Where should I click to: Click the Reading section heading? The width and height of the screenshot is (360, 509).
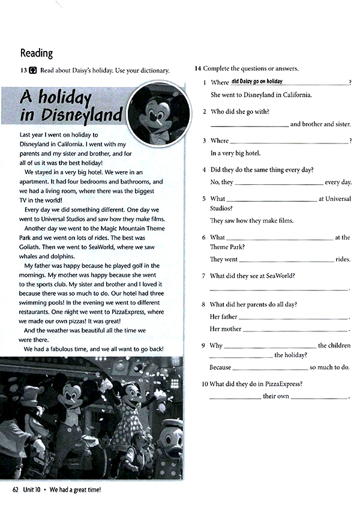click(37, 53)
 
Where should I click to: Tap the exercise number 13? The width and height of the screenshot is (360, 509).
click(23, 71)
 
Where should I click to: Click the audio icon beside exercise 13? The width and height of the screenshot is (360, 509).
click(33, 71)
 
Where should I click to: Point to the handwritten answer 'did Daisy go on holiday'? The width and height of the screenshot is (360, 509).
click(257, 81)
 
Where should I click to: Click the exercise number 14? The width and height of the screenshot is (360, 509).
click(198, 68)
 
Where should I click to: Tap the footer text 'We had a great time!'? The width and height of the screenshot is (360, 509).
click(75, 489)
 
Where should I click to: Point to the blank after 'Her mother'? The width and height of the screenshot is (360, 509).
click(295, 330)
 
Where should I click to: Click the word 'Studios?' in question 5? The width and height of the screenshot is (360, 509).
click(221, 208)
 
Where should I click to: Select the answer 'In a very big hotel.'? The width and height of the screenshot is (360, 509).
click(235, 152)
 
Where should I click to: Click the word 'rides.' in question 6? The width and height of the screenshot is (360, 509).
click(344, 259)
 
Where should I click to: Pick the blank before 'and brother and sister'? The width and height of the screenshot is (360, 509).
click(249, 125)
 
